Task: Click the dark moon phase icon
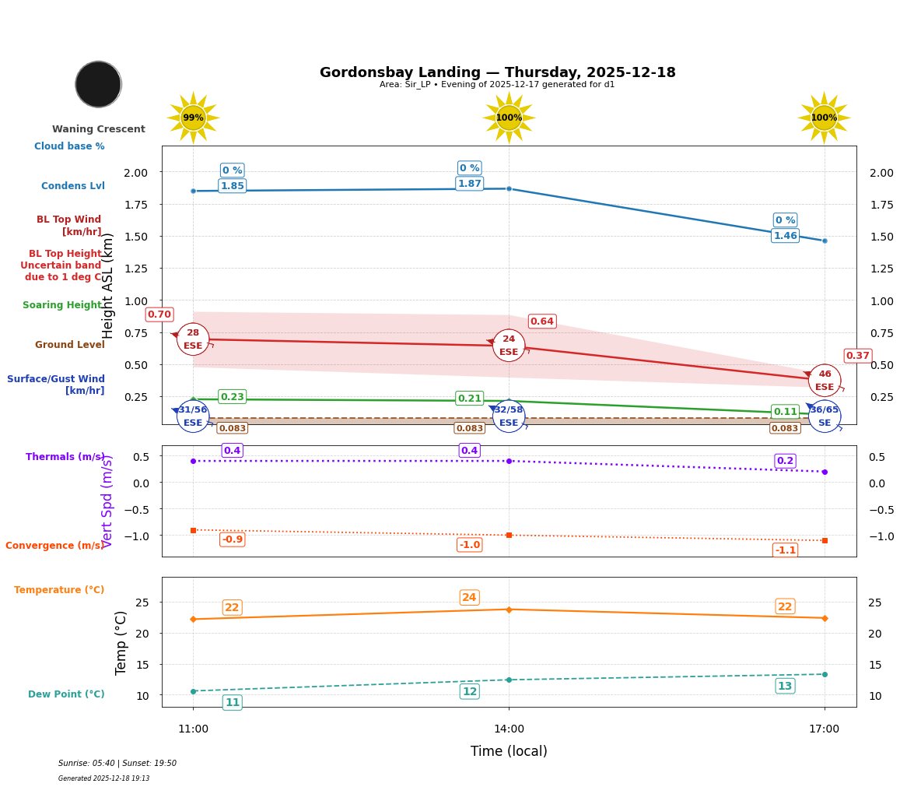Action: coord(98,84)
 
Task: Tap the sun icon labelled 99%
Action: coord(193,118)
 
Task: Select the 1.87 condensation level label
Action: coord(469,184)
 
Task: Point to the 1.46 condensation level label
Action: coord(785,236)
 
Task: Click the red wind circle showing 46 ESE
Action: coord(825,380)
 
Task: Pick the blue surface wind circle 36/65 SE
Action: coord(825,416)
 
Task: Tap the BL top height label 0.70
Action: coord(159,314)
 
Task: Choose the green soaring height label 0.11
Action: coord(785,412)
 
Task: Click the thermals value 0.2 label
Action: coord(785,461)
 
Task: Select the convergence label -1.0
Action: coord(469,545)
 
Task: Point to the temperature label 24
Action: coord(469,598)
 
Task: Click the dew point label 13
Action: coord(785,686)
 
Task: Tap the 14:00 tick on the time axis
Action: coord(509,729)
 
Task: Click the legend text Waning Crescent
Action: coord(99,129)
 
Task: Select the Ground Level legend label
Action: coord(70,345)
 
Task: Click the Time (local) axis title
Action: coord(509,751)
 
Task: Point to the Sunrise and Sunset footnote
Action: coord(117,764)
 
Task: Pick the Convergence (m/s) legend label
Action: coord(54,546)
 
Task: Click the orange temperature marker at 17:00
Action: coord(825,618)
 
